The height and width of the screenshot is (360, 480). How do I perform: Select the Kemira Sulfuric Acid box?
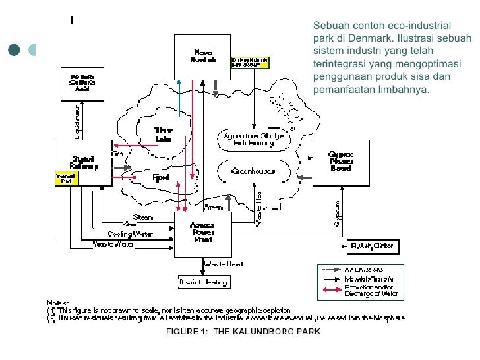tap(82, 83)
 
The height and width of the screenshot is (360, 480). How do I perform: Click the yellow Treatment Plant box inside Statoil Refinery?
tap(65, 178)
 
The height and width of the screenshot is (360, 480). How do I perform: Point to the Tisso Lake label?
tap(163, 135)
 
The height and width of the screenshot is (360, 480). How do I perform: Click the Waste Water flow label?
tap(113, 244)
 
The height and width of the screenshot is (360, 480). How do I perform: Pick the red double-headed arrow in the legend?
tap(330, 289)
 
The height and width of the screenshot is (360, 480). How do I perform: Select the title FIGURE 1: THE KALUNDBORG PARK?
tap(243, 332)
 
